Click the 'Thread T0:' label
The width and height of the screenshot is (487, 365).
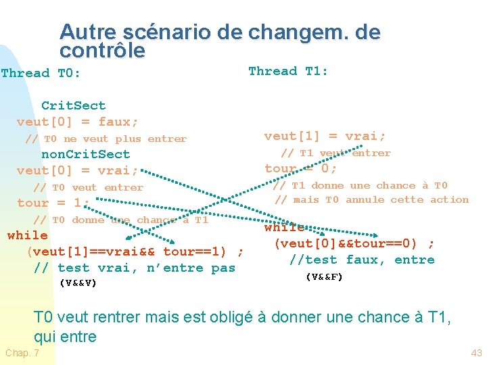point(41,73)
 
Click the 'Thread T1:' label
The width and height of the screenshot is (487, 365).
point(288,71)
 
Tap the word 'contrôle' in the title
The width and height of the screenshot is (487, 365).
point(102,51)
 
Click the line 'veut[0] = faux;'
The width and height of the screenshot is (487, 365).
point(78,122)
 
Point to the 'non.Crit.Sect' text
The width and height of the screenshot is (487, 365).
point(86,154)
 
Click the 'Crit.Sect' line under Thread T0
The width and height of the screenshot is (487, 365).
point(74,105)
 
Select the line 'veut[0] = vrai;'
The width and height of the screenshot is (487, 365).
point(78,170)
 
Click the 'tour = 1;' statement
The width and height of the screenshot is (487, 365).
point(53,203)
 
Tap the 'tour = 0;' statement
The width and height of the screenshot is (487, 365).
point(301,168)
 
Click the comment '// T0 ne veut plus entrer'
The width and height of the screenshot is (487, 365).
point(106,139)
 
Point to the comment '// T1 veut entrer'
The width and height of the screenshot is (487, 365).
point(336,153)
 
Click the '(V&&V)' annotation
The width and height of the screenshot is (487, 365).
point(78,283)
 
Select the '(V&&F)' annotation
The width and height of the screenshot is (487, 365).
point(325,276)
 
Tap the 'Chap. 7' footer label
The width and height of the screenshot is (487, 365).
point(22,354)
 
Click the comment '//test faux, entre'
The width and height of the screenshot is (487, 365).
point(362,260)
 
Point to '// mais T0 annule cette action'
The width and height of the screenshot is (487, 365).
point(371,199)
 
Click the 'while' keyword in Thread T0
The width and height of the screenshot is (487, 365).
point(27,235)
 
